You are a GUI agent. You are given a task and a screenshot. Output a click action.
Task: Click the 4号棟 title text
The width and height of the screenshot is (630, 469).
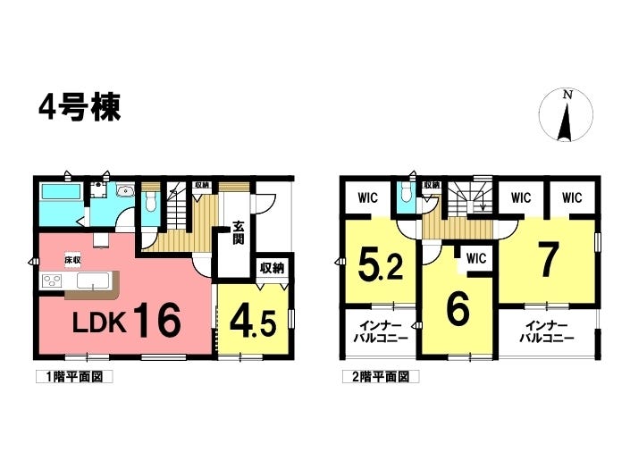(80, 107)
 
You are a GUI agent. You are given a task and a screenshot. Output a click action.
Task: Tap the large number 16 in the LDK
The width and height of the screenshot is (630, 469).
(159, 319)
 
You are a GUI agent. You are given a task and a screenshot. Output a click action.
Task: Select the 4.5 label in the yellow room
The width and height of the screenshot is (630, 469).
(252, 319)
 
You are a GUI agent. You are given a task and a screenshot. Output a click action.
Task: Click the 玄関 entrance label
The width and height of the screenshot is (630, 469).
(239, 232)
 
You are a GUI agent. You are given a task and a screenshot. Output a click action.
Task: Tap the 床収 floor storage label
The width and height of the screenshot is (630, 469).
(72, 259)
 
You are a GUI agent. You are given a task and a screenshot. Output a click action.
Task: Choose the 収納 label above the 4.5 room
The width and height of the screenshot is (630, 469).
(272, 266)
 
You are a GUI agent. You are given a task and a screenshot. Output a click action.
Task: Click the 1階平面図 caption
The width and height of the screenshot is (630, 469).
(74, 377)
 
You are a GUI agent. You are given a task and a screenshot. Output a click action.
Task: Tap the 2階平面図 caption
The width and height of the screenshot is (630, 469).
(380, 377)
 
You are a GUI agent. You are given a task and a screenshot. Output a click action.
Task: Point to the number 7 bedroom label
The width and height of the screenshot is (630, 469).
(547, 260)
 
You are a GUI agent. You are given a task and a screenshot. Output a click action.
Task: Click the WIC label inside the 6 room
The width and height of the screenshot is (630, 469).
(475, 259)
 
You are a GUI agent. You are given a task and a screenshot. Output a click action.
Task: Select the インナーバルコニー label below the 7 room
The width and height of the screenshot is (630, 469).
(548, 331)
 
